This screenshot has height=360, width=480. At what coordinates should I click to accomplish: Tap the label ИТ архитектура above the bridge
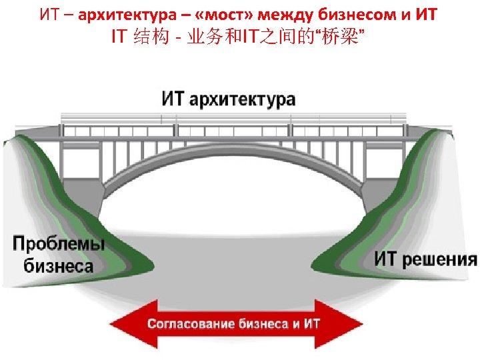229,99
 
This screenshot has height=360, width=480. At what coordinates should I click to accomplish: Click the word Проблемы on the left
59,243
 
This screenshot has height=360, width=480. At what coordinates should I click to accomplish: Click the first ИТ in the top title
51,14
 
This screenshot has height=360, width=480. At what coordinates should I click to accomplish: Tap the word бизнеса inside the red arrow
262,325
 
